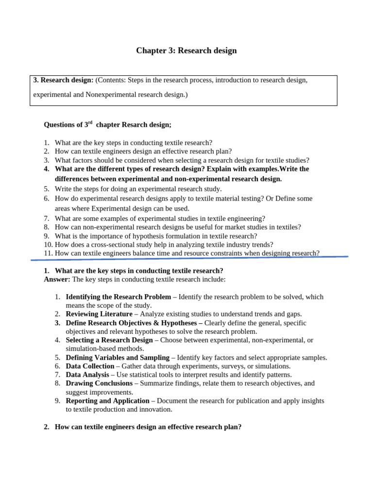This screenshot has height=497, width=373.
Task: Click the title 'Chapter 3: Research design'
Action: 186,50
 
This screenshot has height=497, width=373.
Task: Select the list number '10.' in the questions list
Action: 48,245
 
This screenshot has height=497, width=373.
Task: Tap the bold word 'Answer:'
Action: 57,280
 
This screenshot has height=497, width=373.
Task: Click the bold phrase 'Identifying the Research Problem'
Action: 118,297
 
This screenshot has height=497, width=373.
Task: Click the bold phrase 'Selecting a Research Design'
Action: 109,340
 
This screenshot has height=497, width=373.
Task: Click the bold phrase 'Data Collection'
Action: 90,366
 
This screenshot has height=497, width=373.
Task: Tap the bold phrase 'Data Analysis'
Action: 87,375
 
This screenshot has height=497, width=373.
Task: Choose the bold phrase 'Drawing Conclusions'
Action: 99,383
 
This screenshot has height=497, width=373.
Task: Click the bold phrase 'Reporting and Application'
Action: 107,401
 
